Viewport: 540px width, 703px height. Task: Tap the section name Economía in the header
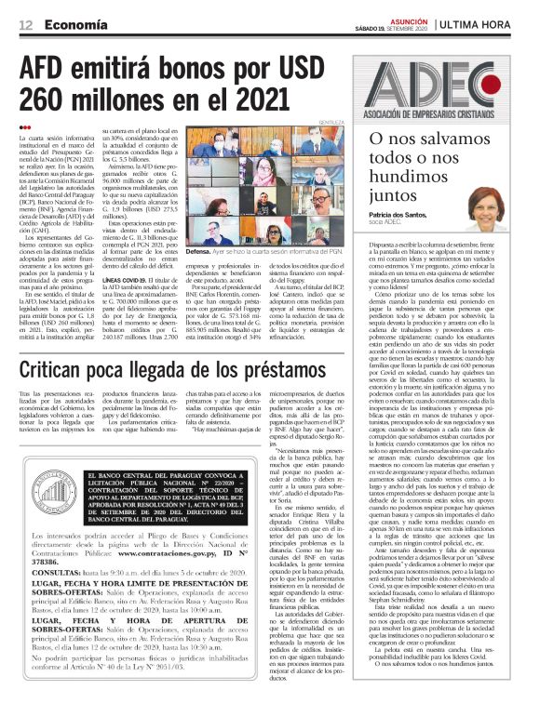point(75,23)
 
